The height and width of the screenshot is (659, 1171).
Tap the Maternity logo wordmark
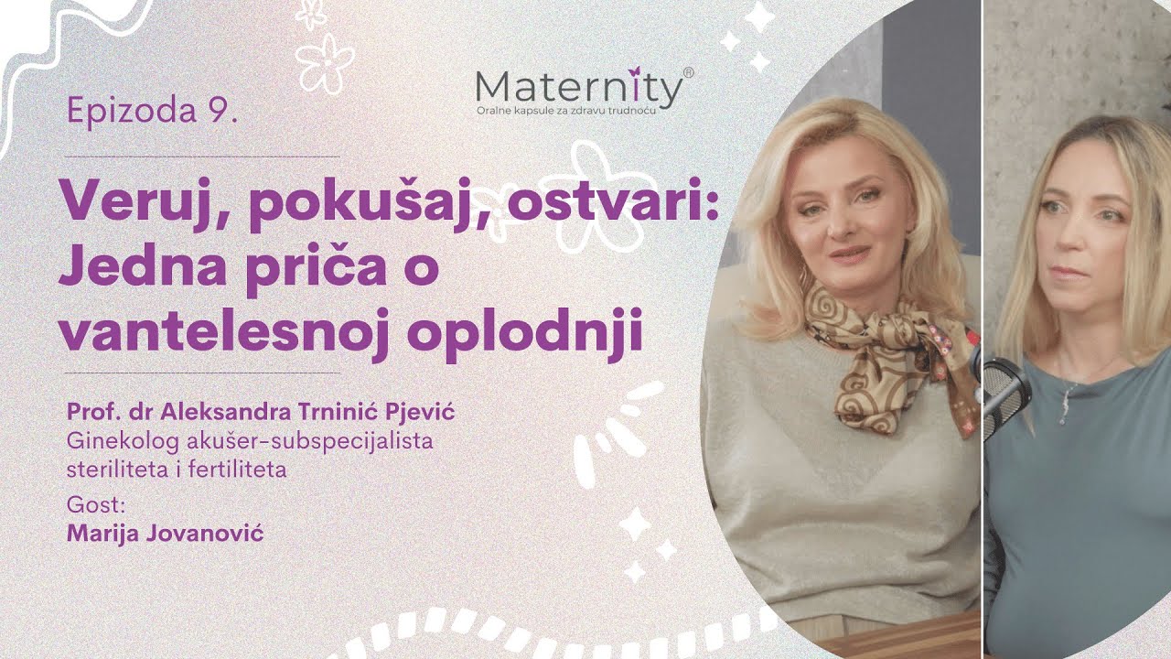578,90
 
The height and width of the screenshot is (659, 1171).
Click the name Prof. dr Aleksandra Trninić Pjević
261,413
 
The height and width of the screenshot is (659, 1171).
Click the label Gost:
88,504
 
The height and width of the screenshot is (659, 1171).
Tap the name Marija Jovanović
166,532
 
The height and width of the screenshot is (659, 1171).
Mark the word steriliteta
109,470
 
